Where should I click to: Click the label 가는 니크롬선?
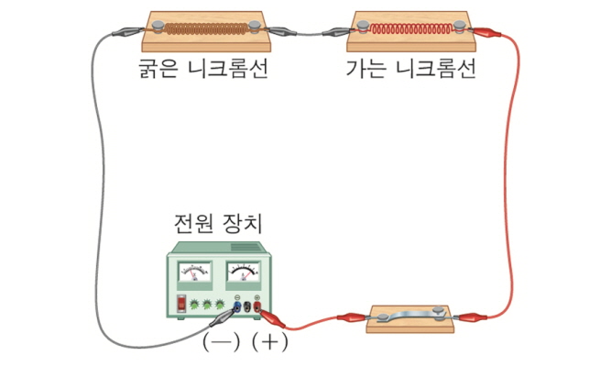click(411, 70)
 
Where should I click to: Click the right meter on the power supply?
click(243, 272)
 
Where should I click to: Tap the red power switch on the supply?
click(183, 302)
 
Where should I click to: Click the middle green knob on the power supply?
click(209, 303)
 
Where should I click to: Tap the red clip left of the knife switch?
click(352, 318)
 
